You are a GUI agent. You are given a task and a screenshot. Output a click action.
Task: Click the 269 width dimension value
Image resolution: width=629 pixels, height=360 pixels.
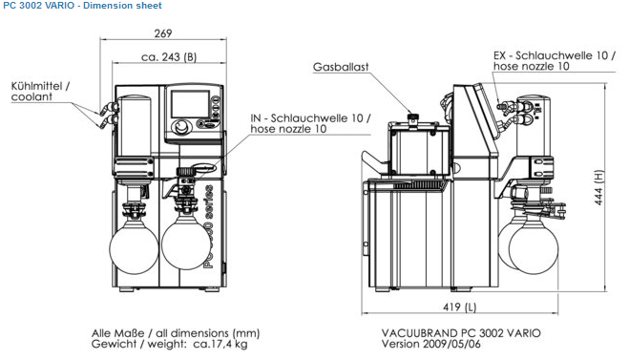point(163,33)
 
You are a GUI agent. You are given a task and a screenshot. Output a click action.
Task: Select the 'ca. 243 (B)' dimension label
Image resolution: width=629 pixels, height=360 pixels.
point(169,57)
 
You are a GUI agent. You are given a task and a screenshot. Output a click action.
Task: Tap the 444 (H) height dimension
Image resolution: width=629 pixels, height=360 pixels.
point(598,187)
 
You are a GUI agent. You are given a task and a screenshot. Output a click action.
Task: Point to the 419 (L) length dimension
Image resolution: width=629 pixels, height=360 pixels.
point(460,307)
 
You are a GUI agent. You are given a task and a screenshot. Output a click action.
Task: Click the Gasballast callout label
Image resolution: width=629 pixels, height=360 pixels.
point(341,67)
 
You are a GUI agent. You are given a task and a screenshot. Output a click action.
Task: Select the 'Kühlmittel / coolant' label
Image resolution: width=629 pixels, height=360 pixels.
point(40,91)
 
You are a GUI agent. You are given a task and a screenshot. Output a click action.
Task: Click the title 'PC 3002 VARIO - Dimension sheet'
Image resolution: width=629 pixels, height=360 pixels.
point(82,6)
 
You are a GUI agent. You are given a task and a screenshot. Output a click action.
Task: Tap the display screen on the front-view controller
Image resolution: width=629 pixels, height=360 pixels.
point(191,103)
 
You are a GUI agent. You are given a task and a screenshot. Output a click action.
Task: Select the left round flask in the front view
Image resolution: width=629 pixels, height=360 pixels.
point(134,249)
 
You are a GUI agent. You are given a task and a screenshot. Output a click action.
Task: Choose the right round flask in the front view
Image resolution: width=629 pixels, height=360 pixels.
point(185,245)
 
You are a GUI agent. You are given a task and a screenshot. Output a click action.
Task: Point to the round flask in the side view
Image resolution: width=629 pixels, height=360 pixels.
point(534,248)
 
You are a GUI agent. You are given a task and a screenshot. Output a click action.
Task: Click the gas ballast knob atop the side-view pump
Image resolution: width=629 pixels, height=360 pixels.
point(412,118)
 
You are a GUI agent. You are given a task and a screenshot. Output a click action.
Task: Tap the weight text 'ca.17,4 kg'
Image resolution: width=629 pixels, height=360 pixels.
point(220,344)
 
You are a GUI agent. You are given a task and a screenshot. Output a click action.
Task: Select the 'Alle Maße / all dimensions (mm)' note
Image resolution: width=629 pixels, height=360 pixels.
point(176,333)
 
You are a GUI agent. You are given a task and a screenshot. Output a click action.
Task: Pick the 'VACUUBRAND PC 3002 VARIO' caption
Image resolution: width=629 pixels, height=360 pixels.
point(461,332)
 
